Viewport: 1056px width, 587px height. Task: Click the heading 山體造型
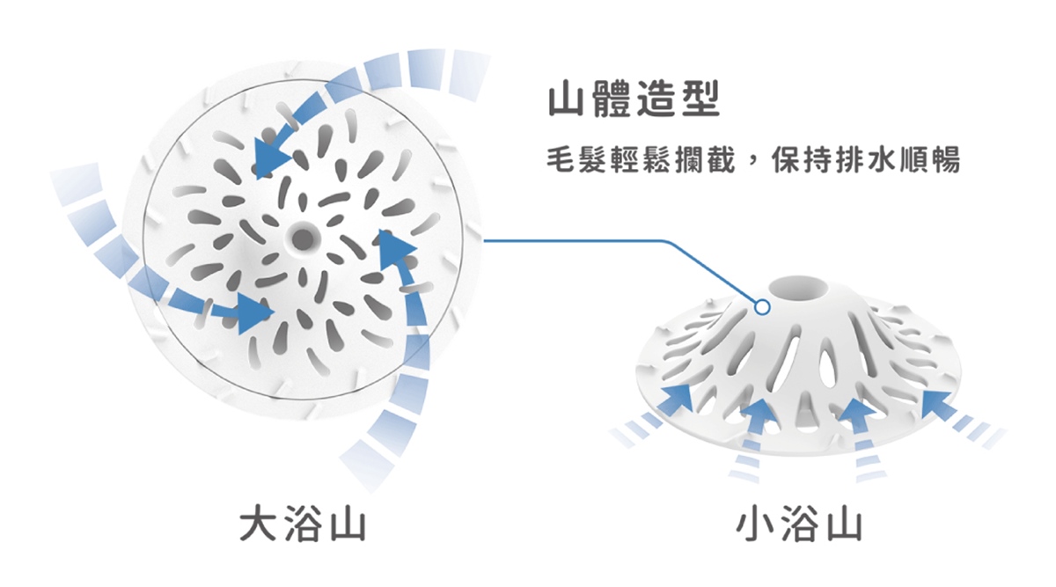pos(634,99)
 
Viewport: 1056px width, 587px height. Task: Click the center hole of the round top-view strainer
pos(302,237)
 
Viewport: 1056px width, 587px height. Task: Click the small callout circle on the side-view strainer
pos(762,307)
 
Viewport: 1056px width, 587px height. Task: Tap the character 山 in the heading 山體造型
pos(567,99)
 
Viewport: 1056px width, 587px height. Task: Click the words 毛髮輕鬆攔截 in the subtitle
pos(641,160)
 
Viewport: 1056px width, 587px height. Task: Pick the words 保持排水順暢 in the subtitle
pos(866,160)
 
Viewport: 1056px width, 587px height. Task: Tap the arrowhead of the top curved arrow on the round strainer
pos(269,156)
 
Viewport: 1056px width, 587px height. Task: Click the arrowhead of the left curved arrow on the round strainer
pos(253,313)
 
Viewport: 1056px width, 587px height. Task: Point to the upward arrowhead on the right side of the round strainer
pos(394,249)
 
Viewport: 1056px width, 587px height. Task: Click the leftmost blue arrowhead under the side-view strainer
pos(678,397)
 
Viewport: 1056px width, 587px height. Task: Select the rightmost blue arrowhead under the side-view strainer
pos(939,401)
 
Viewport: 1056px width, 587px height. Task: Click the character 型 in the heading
pos(701,99)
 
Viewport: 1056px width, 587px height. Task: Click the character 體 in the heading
pos(612,99)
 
